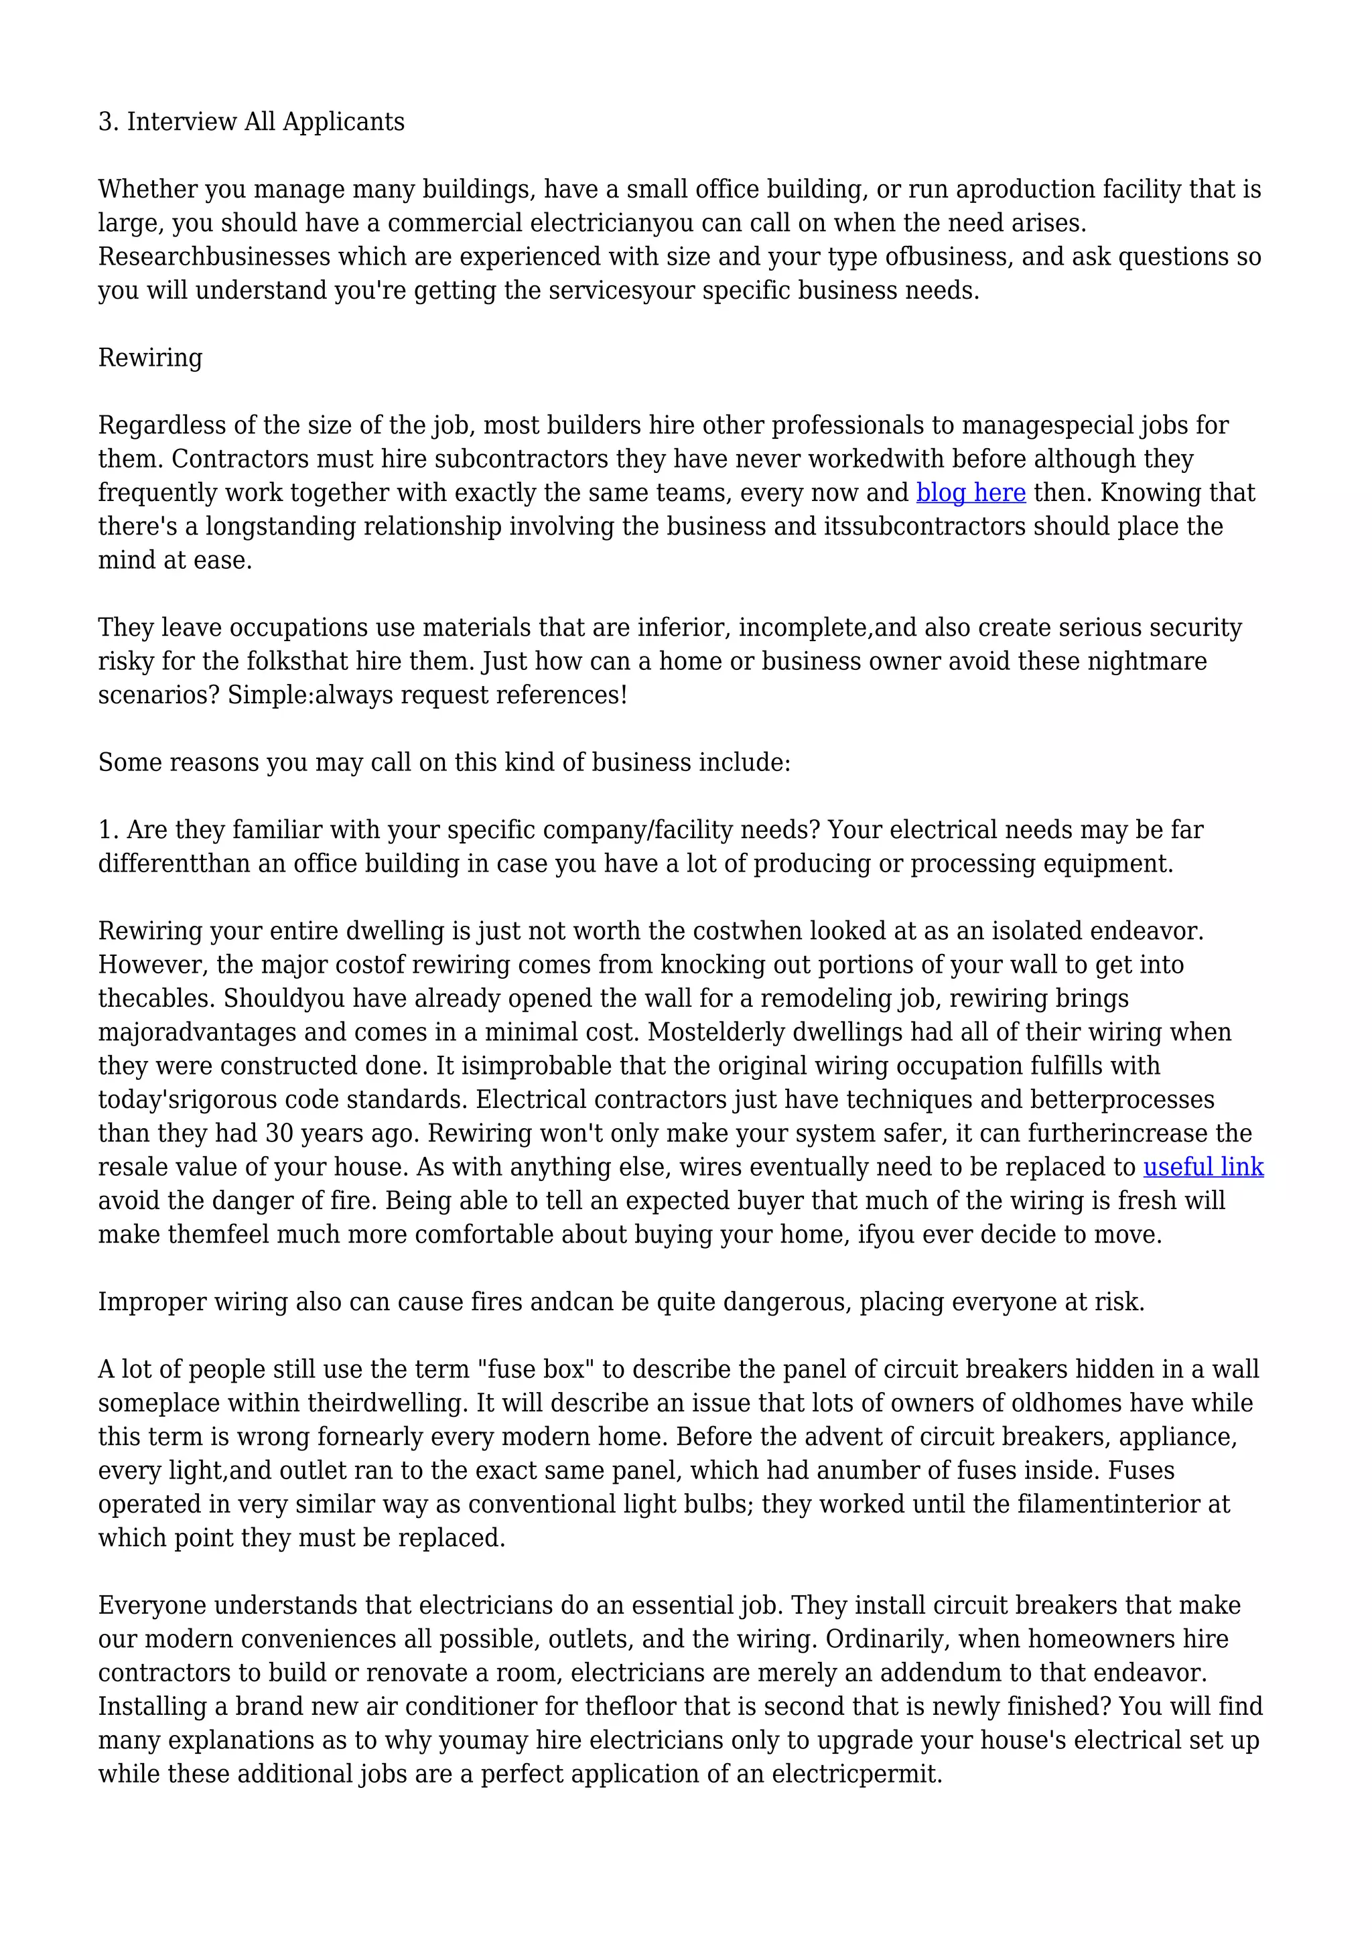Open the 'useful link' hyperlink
tap(1203, 1167)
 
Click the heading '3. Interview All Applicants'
tap(251, 122)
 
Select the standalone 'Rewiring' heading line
tap(150, 358)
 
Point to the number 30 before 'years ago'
tap(279, 1133)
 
